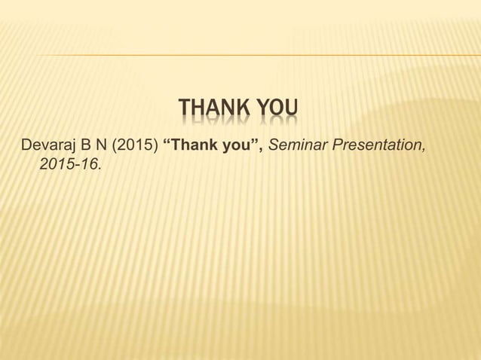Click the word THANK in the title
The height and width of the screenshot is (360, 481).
(216, 112)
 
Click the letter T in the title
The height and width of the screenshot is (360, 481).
(185, 112)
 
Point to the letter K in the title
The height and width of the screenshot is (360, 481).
(245, 112)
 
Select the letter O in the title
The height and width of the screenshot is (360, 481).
(277, 112)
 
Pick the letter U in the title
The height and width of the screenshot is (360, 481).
(291, 112)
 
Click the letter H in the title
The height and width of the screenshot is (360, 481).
(199, 112)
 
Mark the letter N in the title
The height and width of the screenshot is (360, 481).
(230, 112)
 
